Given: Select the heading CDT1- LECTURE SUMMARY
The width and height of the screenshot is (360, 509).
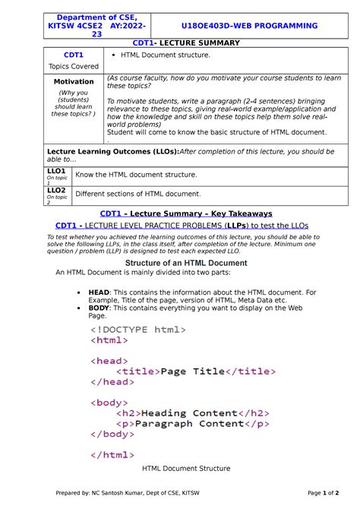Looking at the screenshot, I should tap(179, 43).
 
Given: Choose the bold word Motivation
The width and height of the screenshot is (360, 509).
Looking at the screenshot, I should tap(74, 81).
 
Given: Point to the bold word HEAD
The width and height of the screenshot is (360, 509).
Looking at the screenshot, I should tap(99, 291).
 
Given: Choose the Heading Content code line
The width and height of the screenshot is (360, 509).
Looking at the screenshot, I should tap(189, 413).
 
